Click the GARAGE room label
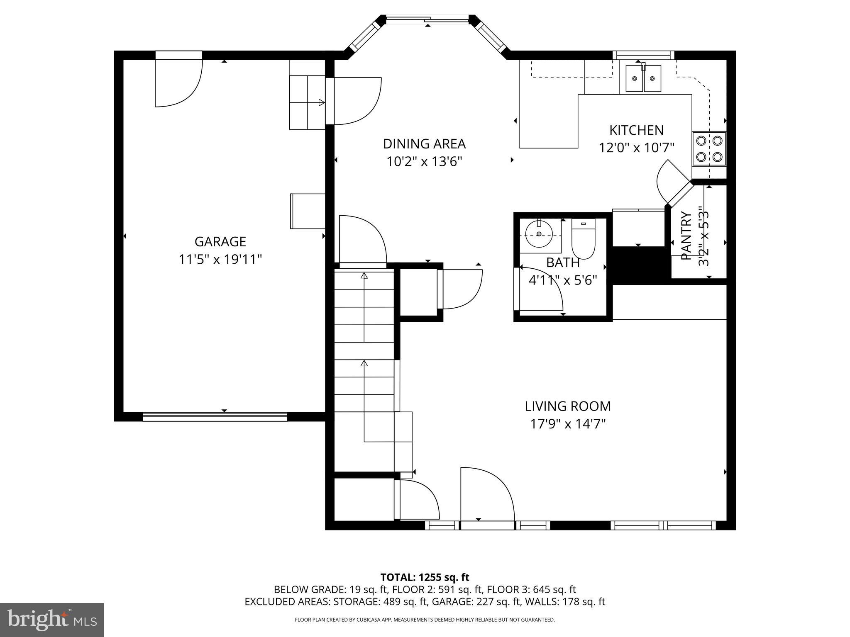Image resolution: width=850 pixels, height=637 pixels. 220,241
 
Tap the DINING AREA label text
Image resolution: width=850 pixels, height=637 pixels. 424,144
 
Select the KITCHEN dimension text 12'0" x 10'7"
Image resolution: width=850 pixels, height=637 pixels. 636,148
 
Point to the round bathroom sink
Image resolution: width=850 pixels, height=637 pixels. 539,235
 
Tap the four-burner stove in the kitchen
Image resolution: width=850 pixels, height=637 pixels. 709,149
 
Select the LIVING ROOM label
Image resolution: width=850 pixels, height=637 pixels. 567,406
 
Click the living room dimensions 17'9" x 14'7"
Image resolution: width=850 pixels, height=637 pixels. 567,424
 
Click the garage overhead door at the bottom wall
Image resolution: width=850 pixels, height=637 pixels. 215,416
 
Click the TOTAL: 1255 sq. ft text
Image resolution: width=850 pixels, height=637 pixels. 425,577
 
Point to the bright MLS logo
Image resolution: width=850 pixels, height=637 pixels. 51,620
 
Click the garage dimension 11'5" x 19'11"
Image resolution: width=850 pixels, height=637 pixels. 220,260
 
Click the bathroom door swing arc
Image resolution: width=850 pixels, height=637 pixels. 544,290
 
